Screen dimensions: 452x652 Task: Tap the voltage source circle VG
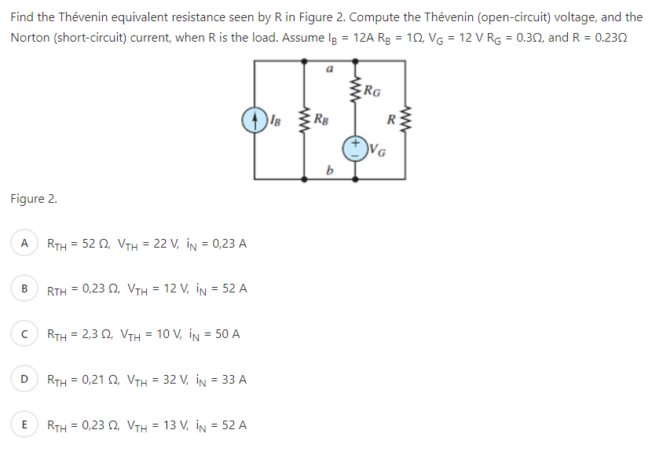pyautogui.click(x=355, y=147)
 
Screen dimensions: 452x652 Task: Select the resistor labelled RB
pyautogui.click(x=306, y=120)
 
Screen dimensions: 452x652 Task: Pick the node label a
pyautogui.click(x=330, y=70)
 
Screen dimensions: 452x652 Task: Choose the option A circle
pyautogui.click(x=24, y=243)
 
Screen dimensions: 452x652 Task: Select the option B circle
pyautogui.click(x=24, y=288)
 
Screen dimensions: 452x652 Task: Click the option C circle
pyautogui.click(x=24, y=334)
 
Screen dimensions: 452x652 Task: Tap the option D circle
pyautogui.click(x=24, y=380)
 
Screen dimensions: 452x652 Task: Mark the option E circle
pyautogui.click(x=24, y=425)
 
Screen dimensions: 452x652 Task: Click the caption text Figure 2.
pyautogui.click(x=33, y=198)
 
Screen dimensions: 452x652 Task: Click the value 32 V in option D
pyautogui.click(x=163, y=380)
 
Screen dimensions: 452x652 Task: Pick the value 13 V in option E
pyautogui.click(x=163, y=426)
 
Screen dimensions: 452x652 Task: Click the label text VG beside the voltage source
pyautogui.click(x=378, y=151)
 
